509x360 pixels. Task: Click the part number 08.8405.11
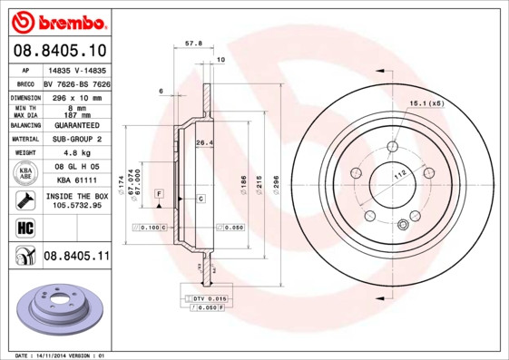pos(76,257)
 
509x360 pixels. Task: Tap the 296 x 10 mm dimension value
pos(76,96)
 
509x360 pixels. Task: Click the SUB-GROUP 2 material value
pos(76,139)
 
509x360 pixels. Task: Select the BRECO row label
pos(26,83)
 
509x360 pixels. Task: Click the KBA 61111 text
pos(76,181)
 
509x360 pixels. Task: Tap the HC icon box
pos(25,227)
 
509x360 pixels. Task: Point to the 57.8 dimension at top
pos(192,43)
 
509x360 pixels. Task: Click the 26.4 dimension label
pos(204,142)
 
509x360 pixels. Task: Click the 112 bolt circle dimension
pos(396,175)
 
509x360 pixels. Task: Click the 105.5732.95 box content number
pos(76,205)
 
